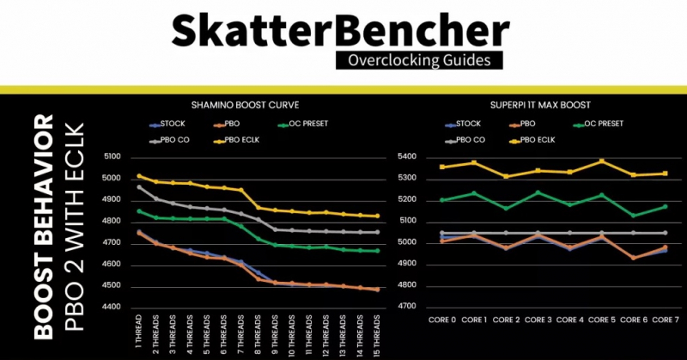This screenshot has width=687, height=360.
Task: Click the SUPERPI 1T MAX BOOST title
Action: click(527, 104)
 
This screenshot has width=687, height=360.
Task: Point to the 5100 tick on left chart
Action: click(113, 157)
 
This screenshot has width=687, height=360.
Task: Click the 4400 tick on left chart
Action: click(113, 307)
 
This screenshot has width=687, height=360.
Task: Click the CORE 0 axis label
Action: click(443, 320)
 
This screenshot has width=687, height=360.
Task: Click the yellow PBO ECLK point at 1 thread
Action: click(140, 176)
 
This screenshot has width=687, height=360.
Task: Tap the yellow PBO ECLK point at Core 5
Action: click(600, 161)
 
